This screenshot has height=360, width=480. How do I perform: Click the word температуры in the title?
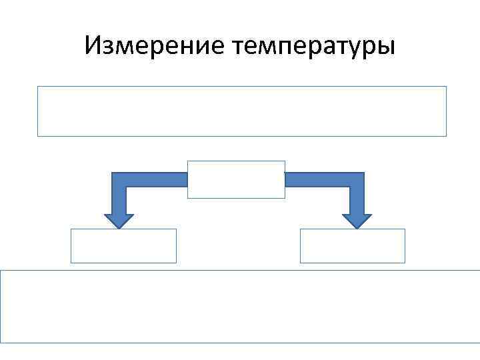pos(313,47)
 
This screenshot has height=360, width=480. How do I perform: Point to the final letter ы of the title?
pos(386,47)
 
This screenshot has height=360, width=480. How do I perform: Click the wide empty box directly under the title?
pos(241,111)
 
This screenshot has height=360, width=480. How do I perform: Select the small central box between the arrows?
pos(236,179)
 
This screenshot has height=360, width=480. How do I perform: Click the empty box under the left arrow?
pos(124,246)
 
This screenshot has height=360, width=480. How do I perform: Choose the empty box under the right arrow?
pos(353,246)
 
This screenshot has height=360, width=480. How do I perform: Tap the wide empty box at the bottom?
pos(240,307)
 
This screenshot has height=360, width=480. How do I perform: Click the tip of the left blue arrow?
pos(119,227)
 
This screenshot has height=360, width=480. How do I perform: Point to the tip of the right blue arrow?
pos(357,227)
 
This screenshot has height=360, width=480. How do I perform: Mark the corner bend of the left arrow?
pos(119,179)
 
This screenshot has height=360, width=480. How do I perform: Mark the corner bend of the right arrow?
pos(357,179)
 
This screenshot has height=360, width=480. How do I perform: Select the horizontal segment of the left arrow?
pos(157,179)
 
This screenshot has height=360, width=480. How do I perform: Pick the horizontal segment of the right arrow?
pos(317,179)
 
